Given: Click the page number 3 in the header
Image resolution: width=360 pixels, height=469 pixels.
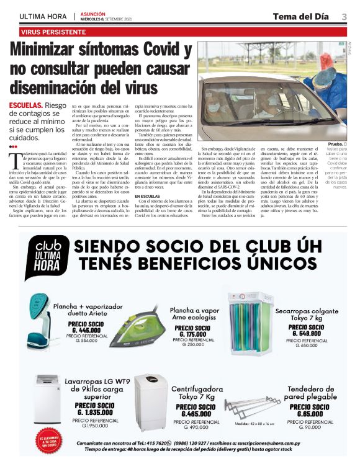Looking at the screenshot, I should click(x=343, y=16).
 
